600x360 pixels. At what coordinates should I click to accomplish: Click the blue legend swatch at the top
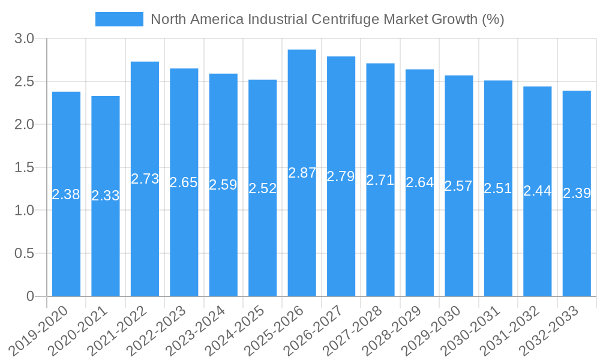click(119, 19)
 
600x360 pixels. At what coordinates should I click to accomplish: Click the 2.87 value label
click(302, 173)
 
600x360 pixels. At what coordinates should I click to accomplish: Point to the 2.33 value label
click(106, 196)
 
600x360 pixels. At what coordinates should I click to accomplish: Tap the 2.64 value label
click(419, 182)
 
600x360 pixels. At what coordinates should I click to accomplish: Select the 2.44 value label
click(537, 191)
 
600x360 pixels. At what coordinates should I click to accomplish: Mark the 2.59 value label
click(223, 185)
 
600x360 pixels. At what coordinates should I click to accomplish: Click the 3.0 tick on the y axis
click(25, 39)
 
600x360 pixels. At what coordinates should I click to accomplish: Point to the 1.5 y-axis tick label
click(25, 167)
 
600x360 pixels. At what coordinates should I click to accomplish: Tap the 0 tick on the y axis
click(31, 296)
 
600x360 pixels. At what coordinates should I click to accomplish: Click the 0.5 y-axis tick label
click(25, 253)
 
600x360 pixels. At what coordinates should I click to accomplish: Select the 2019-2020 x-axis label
click(40, 331)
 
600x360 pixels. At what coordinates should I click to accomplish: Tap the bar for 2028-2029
click(419, 240)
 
